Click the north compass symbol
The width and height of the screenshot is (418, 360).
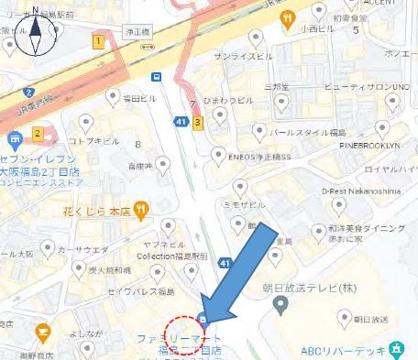point(36,32)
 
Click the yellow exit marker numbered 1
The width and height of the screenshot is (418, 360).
point(98,41)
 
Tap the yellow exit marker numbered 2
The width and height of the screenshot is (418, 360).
point(38,134)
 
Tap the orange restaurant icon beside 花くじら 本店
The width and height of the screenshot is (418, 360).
point(140,208)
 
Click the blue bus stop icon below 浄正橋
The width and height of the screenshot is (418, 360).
point(158,76)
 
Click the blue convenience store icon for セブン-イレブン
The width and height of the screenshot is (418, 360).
point(13,140)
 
